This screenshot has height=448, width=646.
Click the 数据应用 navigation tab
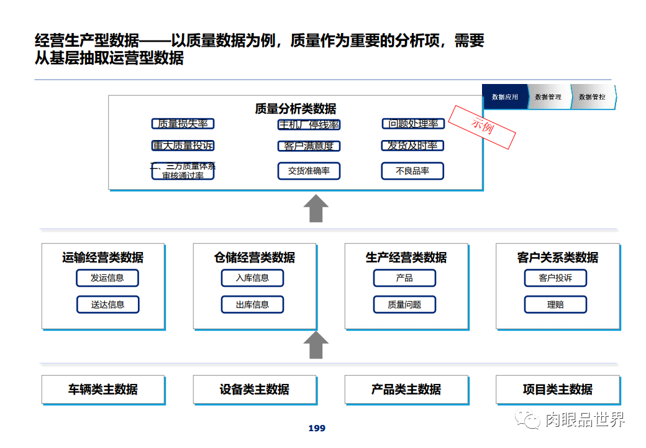pyautogui.click(x=504, y=97)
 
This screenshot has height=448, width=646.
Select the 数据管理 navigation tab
pyautogui.click(x=548, y=97)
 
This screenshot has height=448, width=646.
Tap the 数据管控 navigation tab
pyautogui.click(x=593, y=97)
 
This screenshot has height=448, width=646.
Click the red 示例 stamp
pyautogui.click(x=483, y=126)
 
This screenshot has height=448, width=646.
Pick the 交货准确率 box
pyautogui.click(x=309, y=171)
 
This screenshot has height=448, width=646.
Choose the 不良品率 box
pyautogui.click(x=412, y=171)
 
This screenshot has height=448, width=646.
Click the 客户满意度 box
pyautogui.click(x=309, y=146)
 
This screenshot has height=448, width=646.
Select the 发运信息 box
pyautogui.click(x=107, y=278)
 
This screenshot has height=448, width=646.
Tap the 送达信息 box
pyautogui.click(x=107, y=304)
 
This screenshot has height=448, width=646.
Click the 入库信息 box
pyautogui.click(x=252, y=278)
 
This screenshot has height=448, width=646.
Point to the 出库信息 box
pyautogui.click(x=252, y=304)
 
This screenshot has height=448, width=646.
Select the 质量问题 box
pyautogui.click(x=404, y=304)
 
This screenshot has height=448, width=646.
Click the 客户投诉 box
pyautogui.click(x=555, y=278)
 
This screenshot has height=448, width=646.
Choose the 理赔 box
pyautogui.click(x=555, y=304)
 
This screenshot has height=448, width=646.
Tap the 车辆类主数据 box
pyautogui.click(x=103, y=390)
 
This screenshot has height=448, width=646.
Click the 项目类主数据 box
pyautogui.click(x=558, y=390)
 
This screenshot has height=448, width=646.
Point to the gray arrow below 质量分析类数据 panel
pyautogui.click(x=316, y=208)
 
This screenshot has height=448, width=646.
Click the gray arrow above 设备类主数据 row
pyautogui.click(x=316, y=345)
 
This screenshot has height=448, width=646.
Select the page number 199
pyautogui.click(x=317, y=428)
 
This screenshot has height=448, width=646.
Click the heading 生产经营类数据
pyautogui.click(x=406, y=258)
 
